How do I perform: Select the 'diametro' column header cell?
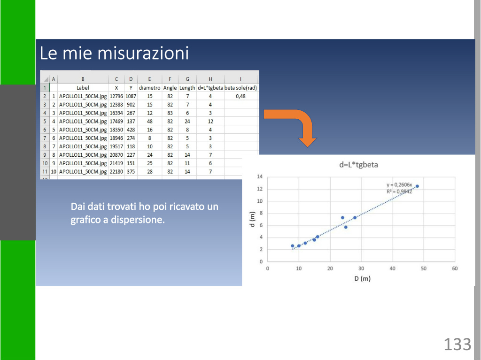150,88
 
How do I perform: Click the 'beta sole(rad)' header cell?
240,88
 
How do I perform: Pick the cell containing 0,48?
240,96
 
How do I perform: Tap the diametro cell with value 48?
150,122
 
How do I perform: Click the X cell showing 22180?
116,172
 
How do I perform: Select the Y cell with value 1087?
131,96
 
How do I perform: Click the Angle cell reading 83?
170,113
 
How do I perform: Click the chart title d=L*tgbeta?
358,165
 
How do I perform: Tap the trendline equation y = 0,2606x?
399,184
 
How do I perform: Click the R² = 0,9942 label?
399,191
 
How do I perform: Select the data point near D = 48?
417,186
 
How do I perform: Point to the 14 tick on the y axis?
260,176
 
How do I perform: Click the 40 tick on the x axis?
392,268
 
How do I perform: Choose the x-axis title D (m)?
362,278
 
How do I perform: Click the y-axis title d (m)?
252,219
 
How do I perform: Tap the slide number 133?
458,345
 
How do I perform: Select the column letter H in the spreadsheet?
210,79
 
